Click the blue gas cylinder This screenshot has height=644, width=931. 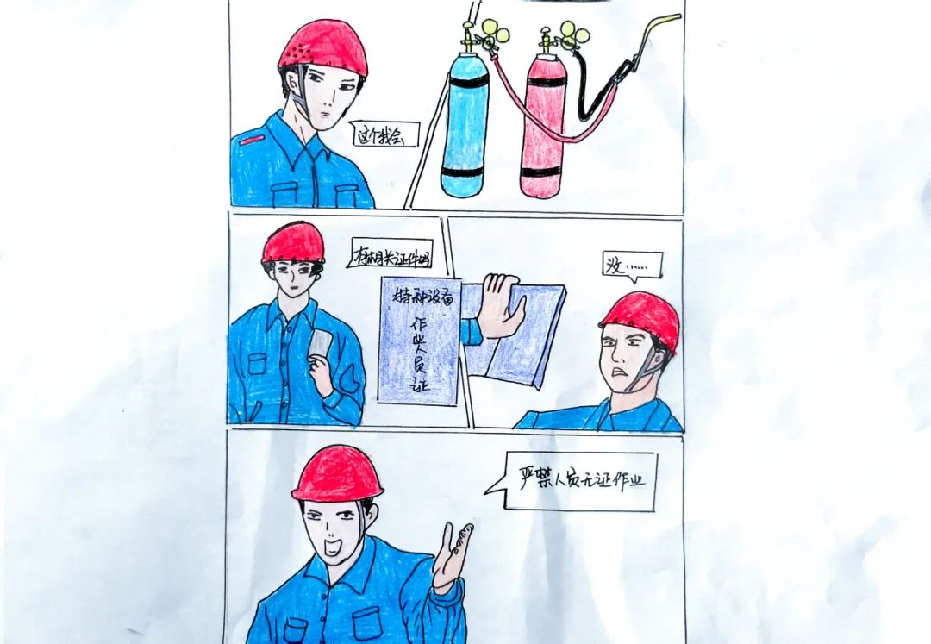coord(465,125)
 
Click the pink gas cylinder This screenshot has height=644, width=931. coord(543,129)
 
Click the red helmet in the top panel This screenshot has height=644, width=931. coord(323,47)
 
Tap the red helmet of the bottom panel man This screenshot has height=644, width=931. coord(337,473)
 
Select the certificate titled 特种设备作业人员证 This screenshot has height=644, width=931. coord(419,341)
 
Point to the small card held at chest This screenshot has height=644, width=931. coord(322,345)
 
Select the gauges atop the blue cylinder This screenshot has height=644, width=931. coord(490,32)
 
